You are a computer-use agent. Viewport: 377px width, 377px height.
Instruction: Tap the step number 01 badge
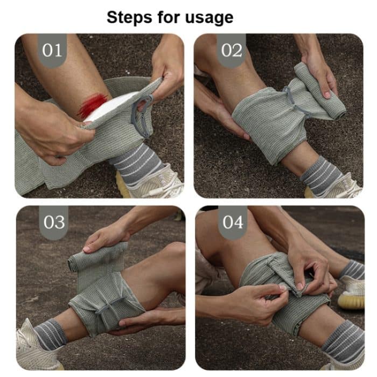click(x=52, y=51)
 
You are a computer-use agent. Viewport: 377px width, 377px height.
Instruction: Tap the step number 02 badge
click(x=232, y=51)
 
